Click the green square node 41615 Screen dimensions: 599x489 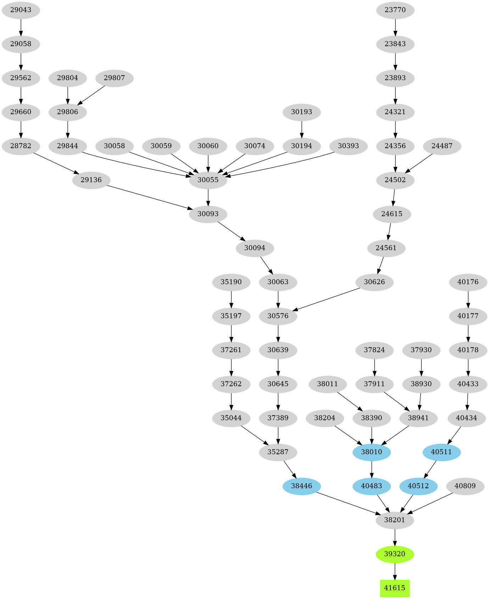(395, 588)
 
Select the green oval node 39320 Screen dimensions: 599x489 (395, 554)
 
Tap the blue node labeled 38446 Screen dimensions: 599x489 (301, 486)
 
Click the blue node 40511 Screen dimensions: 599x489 (441, 452)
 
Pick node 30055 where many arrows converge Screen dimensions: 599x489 (208, 180)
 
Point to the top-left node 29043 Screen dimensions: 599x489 (21, 10)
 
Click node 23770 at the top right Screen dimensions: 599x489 (395, 10)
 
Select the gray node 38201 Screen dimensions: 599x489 (395, 520)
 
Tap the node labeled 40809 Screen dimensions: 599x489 (465, 486)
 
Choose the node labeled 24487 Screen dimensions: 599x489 (442, 146)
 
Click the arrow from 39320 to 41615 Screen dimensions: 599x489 (395, 571)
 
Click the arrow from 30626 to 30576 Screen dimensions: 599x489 (328, 300)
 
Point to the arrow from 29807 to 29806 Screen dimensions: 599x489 (91, 95)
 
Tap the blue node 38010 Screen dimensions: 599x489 (372, 452)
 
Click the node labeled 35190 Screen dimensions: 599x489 (231, 282)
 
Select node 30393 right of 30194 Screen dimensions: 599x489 (348, 146)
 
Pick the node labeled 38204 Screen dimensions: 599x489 (325, 418)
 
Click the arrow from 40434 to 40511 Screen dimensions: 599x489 (455, 435)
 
